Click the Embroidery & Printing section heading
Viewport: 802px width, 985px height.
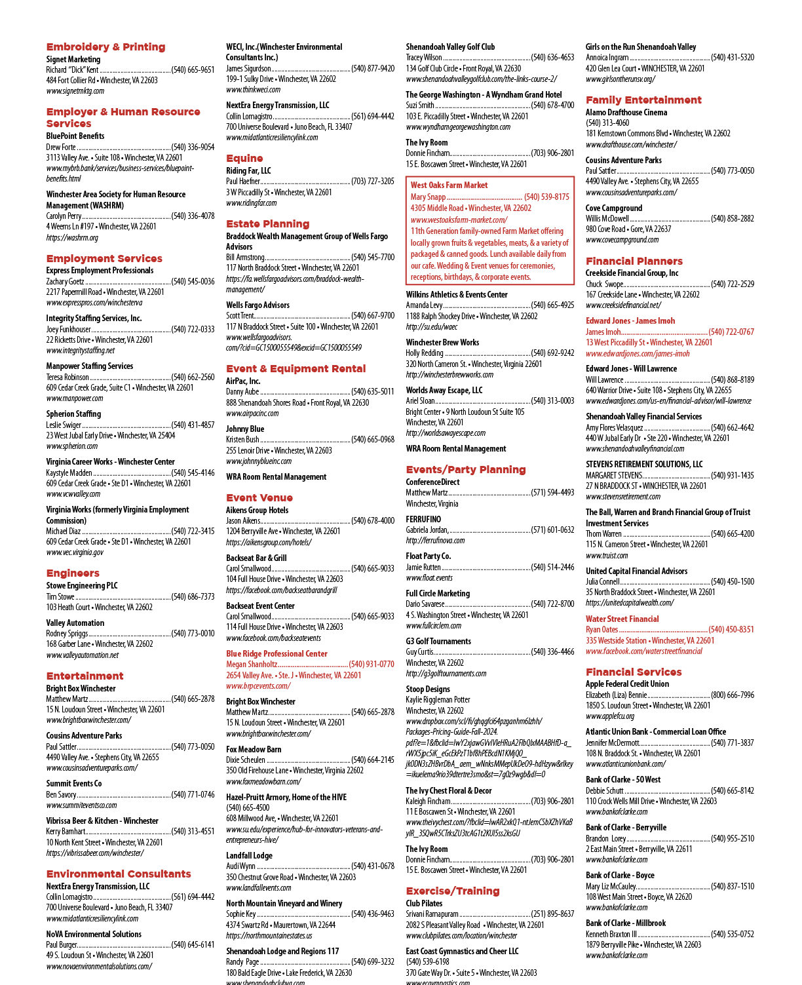(x=105, y=47)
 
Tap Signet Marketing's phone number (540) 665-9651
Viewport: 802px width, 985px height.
(x=193, y=70)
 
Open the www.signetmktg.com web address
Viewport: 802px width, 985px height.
(x=75, y=91)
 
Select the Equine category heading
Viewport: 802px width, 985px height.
(x=244, y=158)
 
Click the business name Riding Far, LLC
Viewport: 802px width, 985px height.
(x=248, y=170)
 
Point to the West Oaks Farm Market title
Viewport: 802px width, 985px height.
(x=449, y=185)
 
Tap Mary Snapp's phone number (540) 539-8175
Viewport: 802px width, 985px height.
(x=546, y=197)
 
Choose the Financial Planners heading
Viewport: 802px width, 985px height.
(x=634, y=261)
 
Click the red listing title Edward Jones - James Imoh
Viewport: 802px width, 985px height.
(x=630, y=320)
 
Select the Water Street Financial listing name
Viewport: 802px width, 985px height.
(x=622, y=618)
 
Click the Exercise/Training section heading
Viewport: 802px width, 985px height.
(x=453, y=891)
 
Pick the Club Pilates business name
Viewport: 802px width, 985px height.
(x=424, y=903)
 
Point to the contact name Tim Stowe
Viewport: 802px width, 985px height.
(x=60, y=596)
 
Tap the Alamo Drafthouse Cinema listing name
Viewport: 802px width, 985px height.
(x=626, y=112)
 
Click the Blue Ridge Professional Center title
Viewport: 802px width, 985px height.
(x=277, y=653)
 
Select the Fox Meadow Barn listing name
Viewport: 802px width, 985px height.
(x=254, y=749)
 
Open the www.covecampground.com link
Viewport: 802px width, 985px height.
(x=622, y=240)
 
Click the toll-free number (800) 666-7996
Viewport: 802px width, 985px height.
(x=732, y=695)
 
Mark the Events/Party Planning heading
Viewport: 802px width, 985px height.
(x=466, y=469)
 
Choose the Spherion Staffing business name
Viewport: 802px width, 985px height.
(x=73, y=414)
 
